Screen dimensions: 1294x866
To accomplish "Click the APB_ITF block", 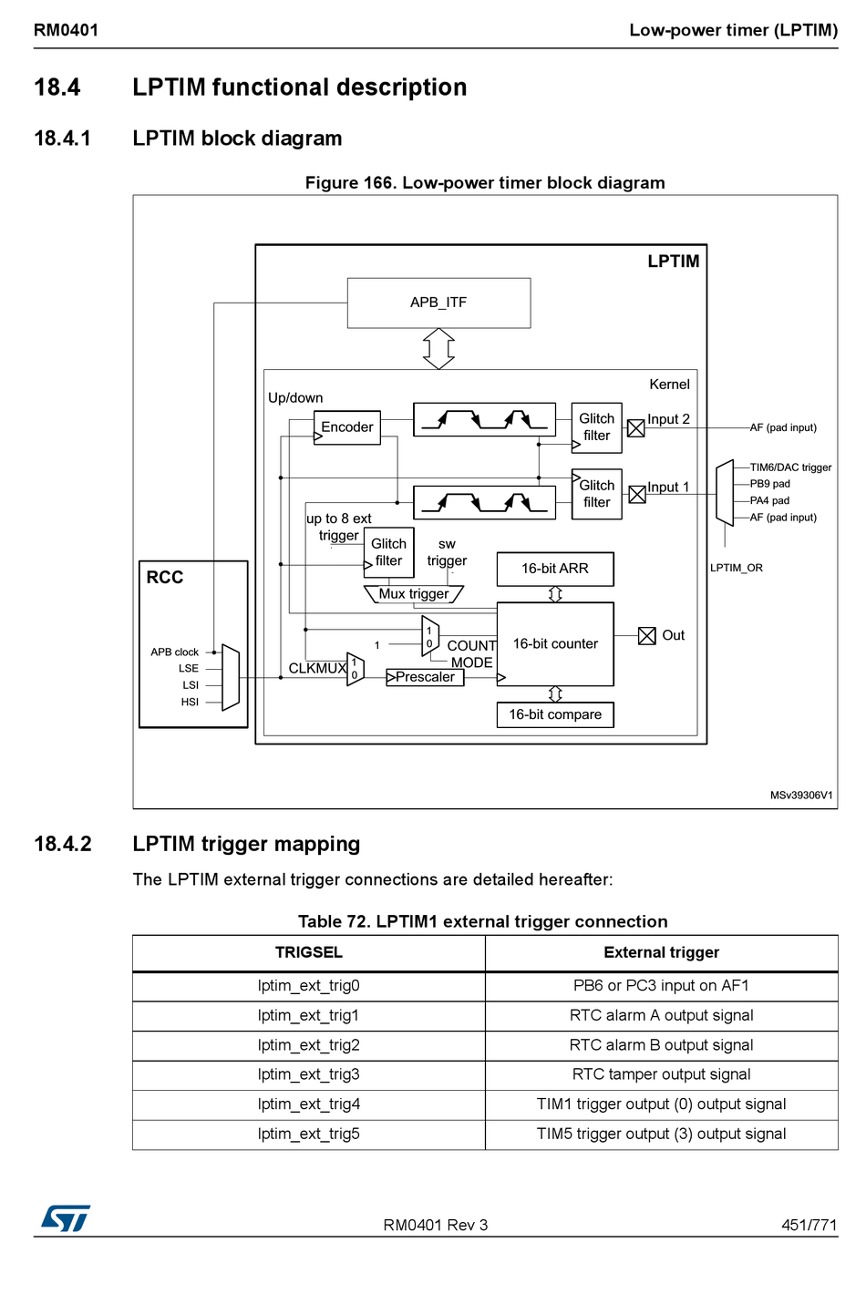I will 438,303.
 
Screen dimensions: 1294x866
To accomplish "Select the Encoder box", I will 347,427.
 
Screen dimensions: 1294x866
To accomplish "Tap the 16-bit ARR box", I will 555,569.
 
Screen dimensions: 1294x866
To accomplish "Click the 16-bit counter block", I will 555,643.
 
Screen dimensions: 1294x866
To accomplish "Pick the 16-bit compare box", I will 555,714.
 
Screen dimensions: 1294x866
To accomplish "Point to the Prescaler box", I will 425,677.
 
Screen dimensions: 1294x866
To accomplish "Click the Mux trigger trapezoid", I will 414,594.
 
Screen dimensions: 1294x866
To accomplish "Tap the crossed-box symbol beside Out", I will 647,636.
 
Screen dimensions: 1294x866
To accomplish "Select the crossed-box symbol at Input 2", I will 636,428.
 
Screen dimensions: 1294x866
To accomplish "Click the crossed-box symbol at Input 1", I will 637,494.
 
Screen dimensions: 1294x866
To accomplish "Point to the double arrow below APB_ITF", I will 438,348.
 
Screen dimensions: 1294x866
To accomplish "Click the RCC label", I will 165,578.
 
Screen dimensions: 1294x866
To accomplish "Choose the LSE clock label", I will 189,669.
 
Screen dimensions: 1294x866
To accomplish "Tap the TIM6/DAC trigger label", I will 790,467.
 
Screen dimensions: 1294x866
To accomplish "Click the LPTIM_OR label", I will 737,568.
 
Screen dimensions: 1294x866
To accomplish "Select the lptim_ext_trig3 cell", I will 309,1074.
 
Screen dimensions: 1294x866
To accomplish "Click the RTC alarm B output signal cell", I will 662,1045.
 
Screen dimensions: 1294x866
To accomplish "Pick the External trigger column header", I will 662,952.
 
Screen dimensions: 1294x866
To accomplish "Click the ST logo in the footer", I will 66,1218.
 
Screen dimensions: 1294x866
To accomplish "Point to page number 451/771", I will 809,1226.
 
